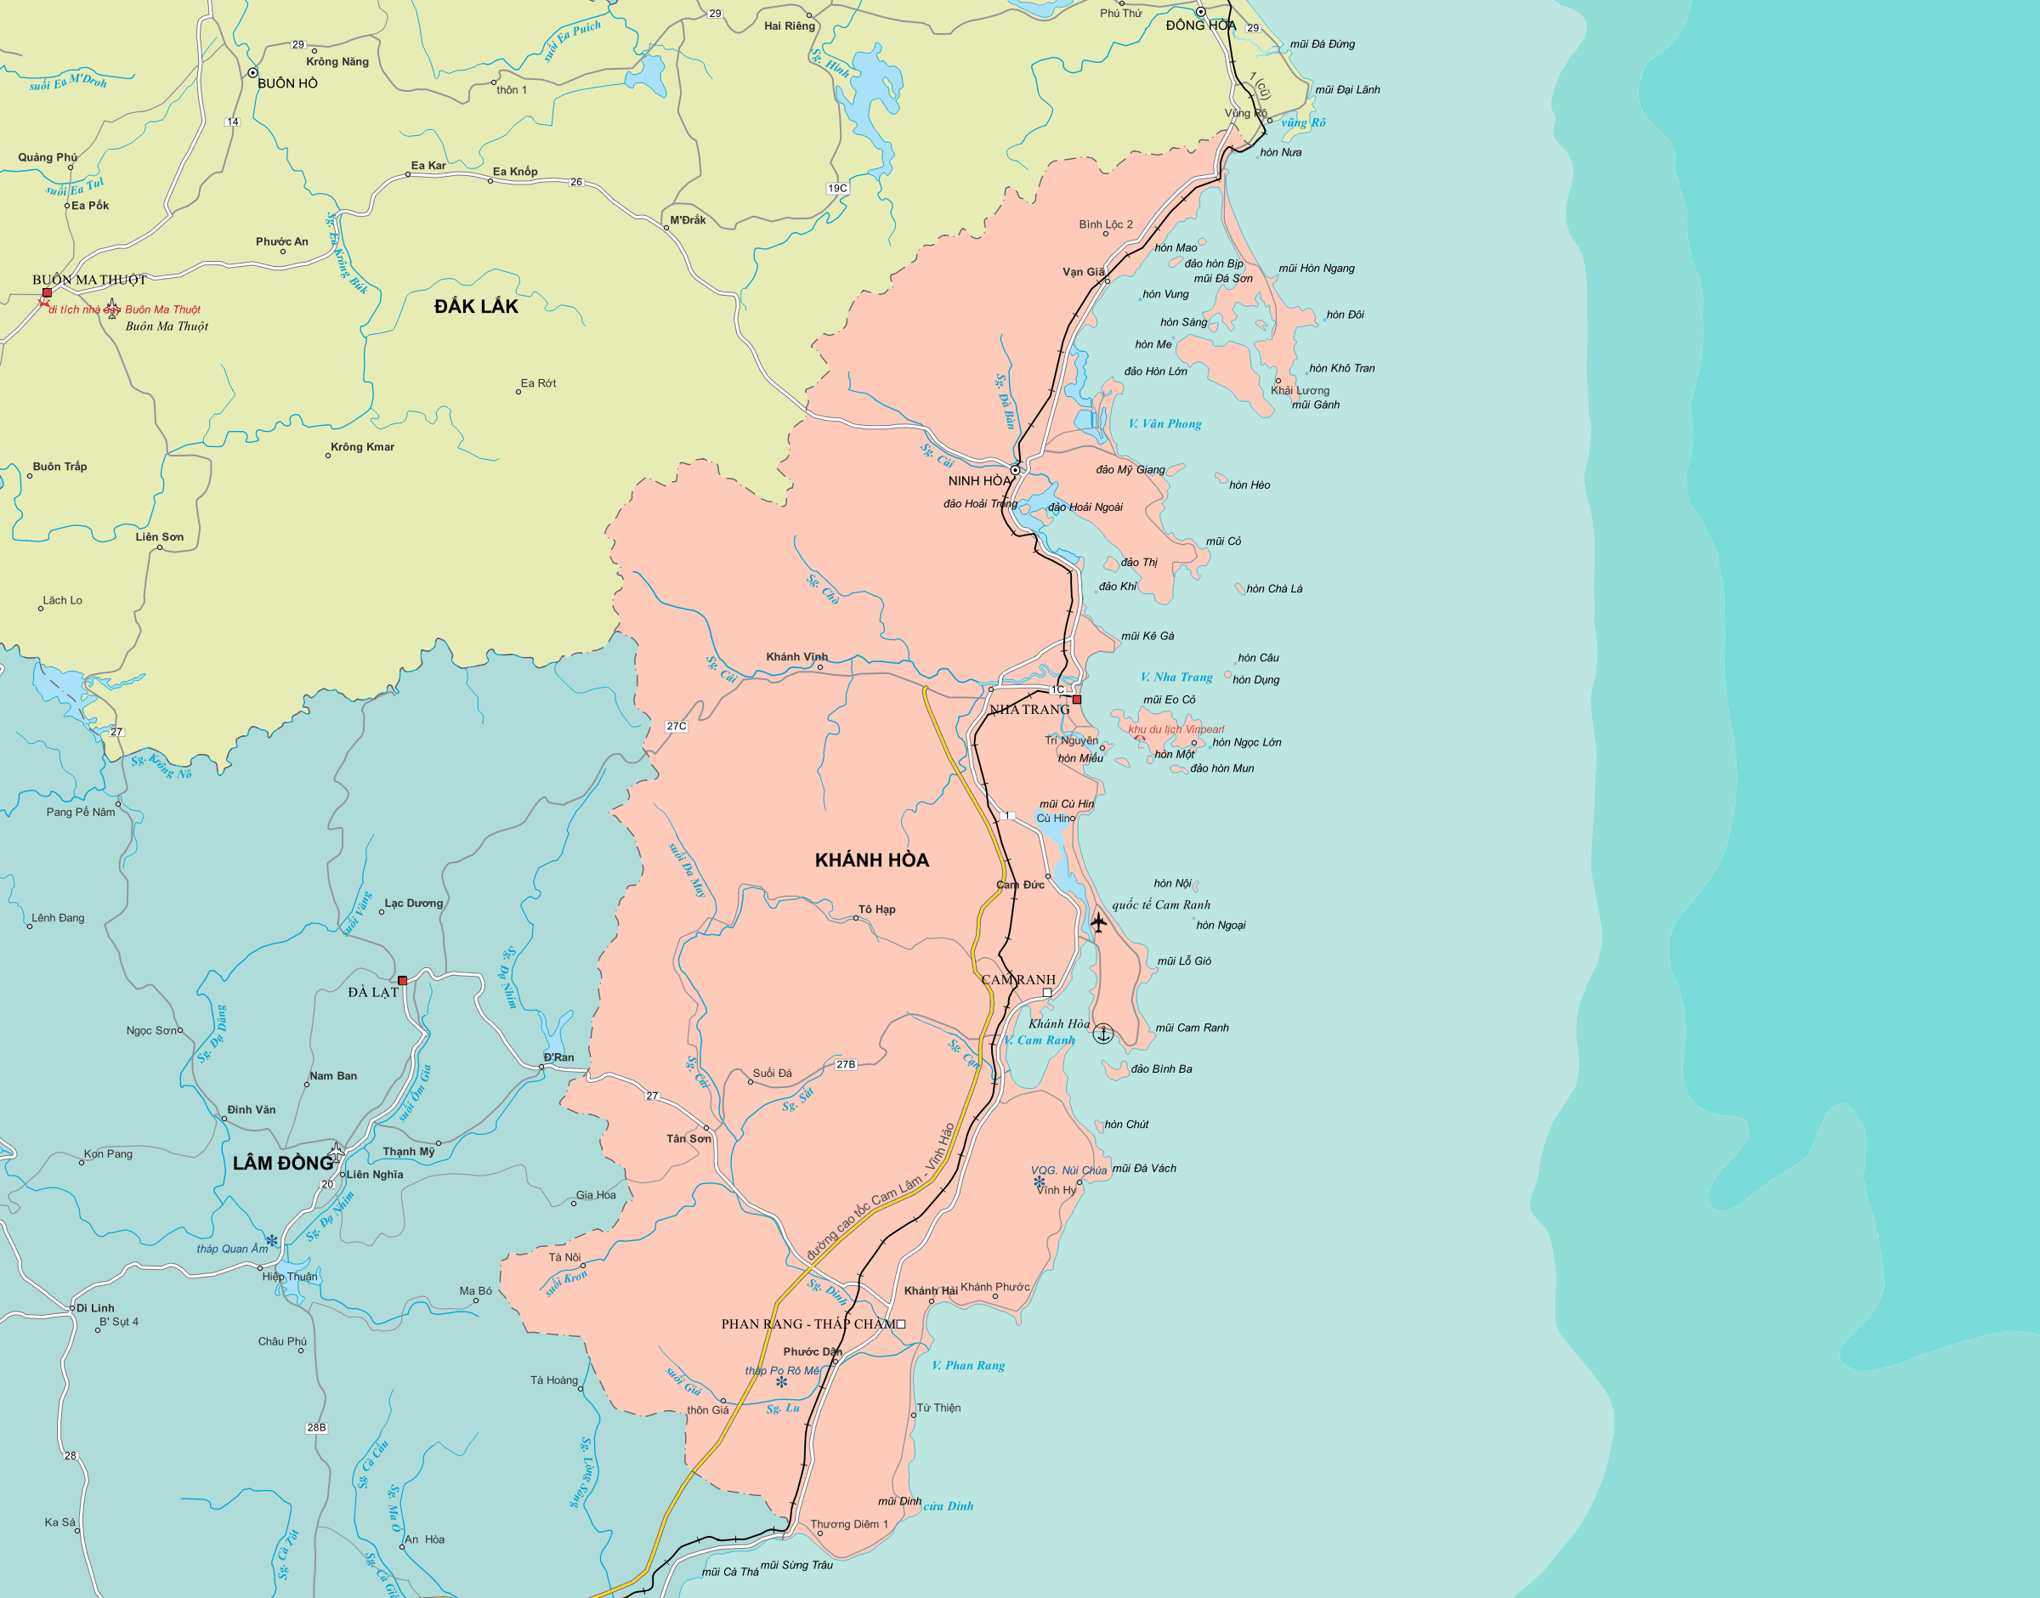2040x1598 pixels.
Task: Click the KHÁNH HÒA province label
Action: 872,860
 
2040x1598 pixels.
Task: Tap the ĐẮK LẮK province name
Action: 475,306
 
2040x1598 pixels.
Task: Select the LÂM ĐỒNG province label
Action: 282,1163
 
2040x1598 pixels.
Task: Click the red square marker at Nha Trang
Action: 1077,700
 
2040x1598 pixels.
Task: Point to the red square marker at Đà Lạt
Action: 402,981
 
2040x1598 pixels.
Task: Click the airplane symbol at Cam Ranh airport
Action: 1098,922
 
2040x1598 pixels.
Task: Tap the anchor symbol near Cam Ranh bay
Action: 1103,1034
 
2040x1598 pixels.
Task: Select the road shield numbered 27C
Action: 677,726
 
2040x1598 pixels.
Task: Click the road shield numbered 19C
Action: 837,188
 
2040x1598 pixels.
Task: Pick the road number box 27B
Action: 846,1065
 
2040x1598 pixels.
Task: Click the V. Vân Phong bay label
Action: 1164,424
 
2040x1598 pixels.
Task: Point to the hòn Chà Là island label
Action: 1274,588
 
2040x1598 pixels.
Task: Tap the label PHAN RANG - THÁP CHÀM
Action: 808,1323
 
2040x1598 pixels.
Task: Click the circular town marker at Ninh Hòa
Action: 1015,470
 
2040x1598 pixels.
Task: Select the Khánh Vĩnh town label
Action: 797,657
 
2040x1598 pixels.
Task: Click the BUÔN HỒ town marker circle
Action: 252,72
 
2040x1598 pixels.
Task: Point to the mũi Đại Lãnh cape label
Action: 1347,90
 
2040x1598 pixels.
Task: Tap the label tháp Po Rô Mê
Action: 781,1371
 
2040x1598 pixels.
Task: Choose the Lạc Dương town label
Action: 413,903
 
